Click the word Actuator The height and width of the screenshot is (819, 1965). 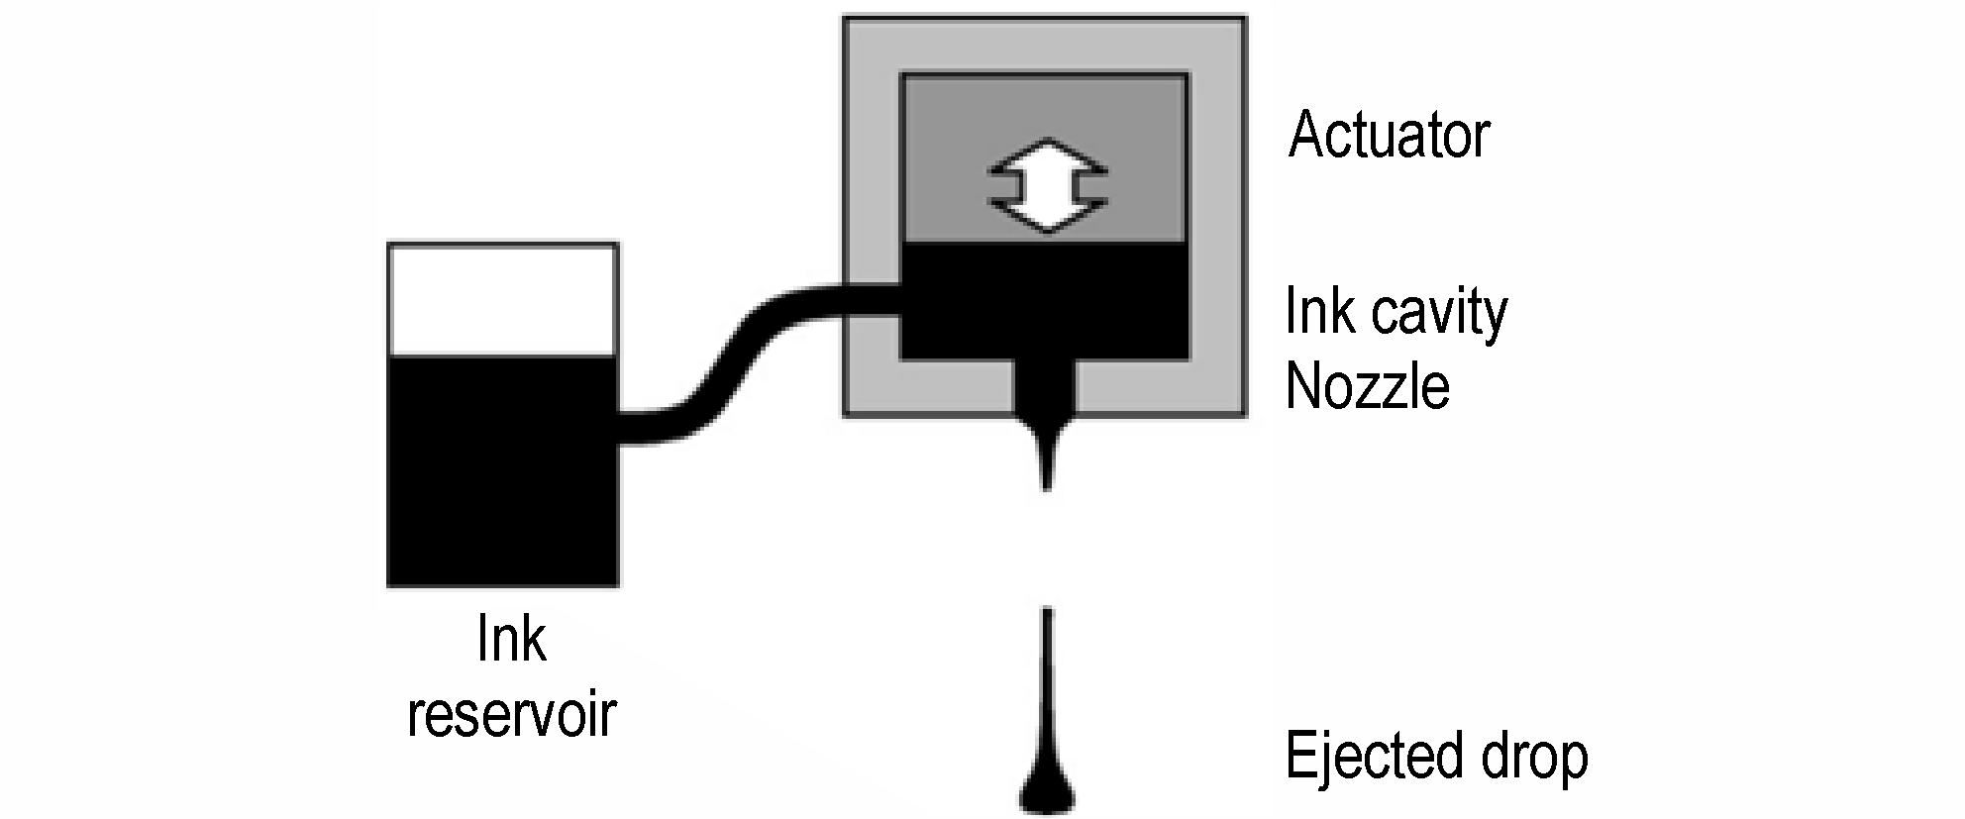tap(1389, 135)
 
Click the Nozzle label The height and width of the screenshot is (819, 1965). tap(1368, 385)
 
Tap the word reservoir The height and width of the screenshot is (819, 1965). tap(512, 713)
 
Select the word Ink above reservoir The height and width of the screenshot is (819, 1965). tap(511, 639)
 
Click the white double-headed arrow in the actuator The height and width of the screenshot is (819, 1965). tap(1047, 185)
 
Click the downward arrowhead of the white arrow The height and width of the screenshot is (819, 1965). tap(1047, 216)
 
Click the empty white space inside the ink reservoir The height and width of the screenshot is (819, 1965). tap(503, 300)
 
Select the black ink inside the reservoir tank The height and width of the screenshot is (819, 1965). tap(503, 470)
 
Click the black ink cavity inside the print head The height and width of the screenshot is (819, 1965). tap(1044, 300)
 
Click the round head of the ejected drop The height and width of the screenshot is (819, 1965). tap(1047, 791)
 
